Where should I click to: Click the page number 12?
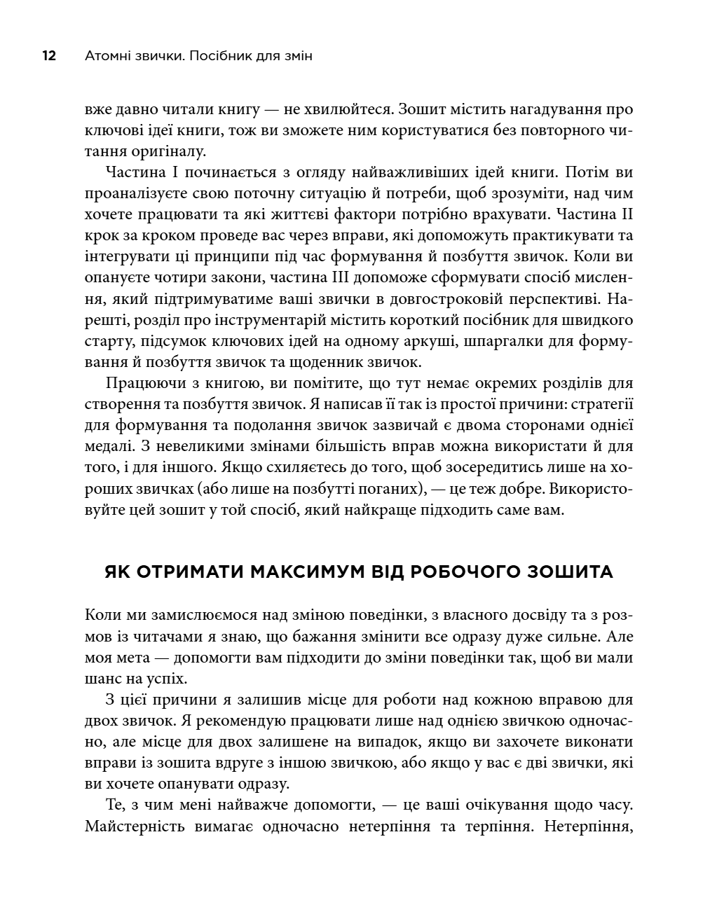click(49, 56)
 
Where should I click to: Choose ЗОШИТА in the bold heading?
click(568, 572)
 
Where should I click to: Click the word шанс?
click(101, 679)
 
